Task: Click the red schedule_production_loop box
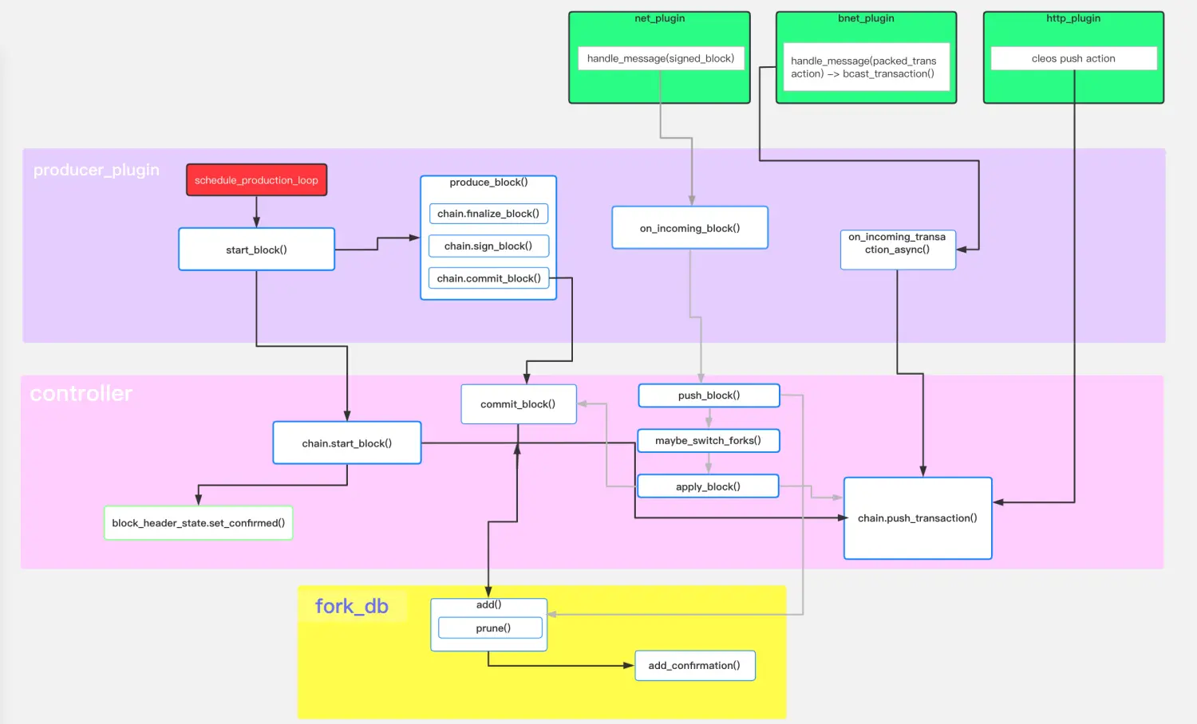[256, 180]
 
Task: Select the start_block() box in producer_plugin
[256, 250]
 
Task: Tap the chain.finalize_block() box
[488, 214]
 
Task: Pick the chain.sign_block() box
[488, 246]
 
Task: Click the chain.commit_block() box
[488, 278]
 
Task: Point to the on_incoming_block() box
[689, 228]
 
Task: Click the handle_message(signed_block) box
[660, 58]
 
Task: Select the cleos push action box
[1073, 58]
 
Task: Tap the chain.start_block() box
[346, 443]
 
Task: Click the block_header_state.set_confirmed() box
[198, 523]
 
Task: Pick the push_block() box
[709, 395]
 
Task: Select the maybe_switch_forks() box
[708, 440]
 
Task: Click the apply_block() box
[708, 486]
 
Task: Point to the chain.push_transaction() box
[918, 518]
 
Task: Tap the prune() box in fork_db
[491, 628]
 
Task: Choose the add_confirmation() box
[694, 666]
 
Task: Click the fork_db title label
[352, 607]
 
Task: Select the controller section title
[81, 394]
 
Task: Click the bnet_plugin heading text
[866, 18]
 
